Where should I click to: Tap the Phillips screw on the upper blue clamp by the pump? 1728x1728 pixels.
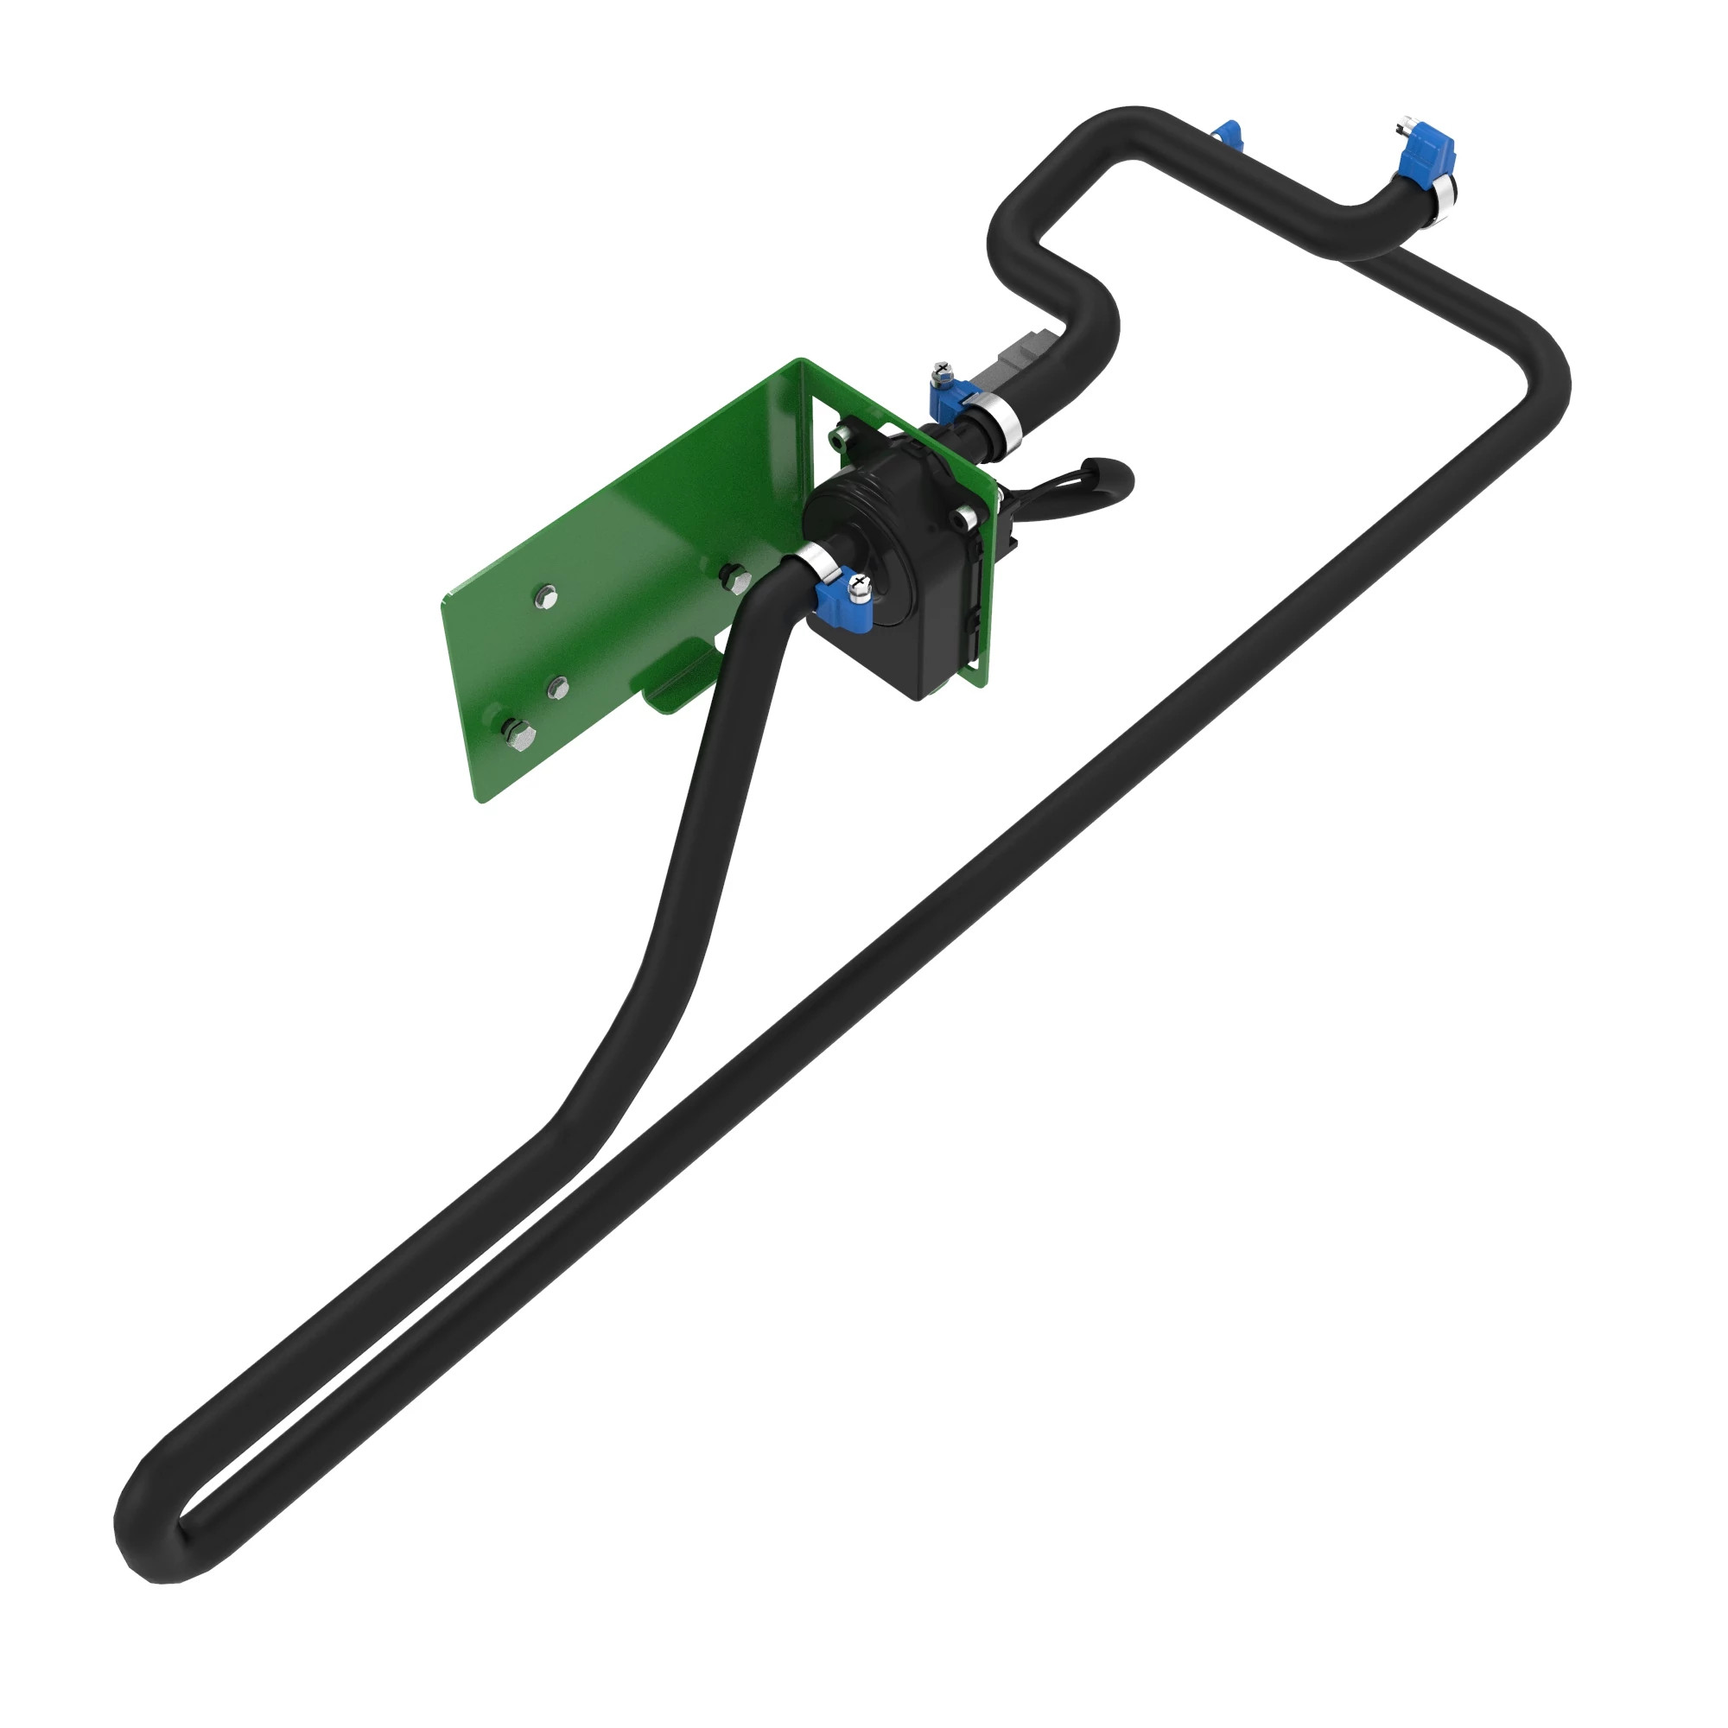[940, 369]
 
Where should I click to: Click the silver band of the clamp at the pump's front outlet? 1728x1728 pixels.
[818, 561]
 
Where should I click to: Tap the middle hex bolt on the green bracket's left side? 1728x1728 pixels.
[557, 688]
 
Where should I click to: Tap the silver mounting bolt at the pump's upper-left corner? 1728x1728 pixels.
[839, 437]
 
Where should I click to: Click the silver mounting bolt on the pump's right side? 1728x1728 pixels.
[964, 516]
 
